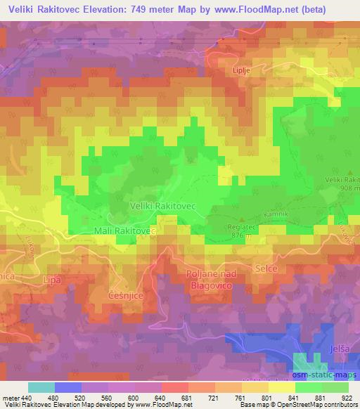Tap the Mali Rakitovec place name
(x=124, y=231)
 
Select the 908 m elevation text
(x=345, y=188)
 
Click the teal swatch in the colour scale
(x=41, y=387)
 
